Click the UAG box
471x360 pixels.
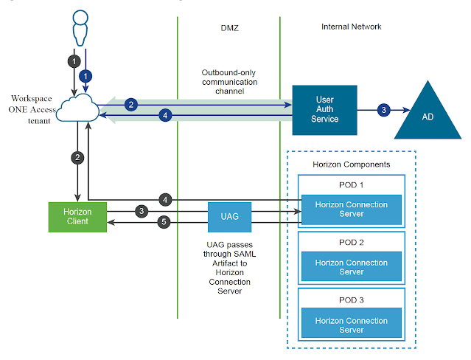point(228,216)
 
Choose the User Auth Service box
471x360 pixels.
point(324,110)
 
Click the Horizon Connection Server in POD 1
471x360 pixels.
point(350,210)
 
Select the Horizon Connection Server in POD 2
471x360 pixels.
point(350,267)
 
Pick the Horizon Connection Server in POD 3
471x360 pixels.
point(350,325)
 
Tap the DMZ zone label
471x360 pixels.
point(228,27)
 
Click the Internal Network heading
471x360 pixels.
point(351,27)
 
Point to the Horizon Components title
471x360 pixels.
point(350,163)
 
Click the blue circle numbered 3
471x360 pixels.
point(383,110)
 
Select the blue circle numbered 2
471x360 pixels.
point(130,104)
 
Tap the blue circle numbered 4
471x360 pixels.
point(166,115)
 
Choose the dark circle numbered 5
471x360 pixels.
point(166,221)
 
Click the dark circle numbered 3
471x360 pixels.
point(142,211)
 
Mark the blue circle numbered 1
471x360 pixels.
point(86,75)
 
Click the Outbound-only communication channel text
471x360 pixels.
point(229,82)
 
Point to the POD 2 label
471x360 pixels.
point(350,242)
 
